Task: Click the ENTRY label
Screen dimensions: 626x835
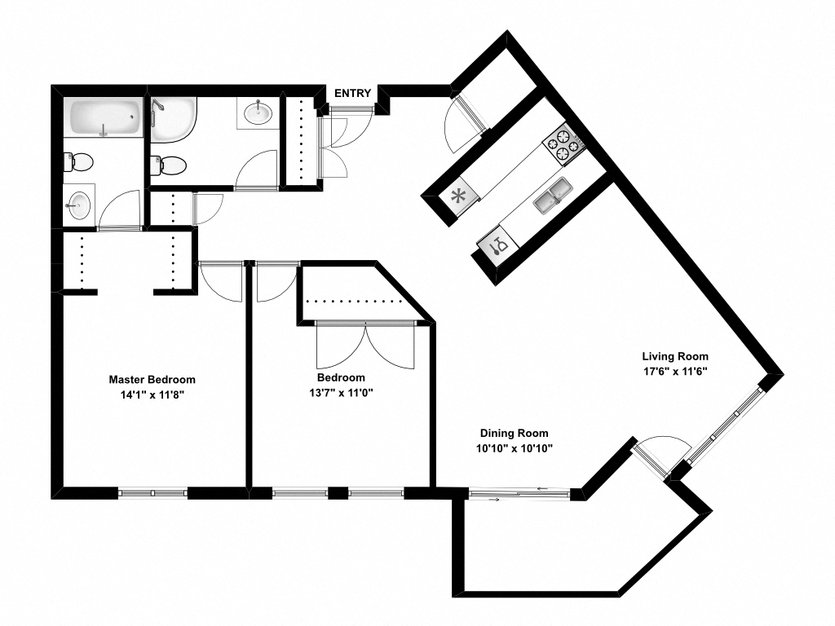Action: tap(352, 93)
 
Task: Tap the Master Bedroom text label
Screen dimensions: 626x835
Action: tap(152, 380)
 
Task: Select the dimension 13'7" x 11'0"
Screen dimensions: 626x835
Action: tap(341, 392)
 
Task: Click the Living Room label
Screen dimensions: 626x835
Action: tap(674, 356)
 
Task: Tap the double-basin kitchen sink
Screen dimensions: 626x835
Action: tap(554, 196)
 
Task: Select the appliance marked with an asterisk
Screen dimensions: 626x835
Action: tap(458, 196)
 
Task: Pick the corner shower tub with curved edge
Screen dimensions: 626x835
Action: tap(174, 118)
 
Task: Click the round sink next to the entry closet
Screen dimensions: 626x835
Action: tap(258, 112)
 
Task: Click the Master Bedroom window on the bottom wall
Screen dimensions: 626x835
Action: tap(152, 492)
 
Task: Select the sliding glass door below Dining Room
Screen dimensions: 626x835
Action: tap(519, 492)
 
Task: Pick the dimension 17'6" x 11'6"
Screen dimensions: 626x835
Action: tap(674, 371)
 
